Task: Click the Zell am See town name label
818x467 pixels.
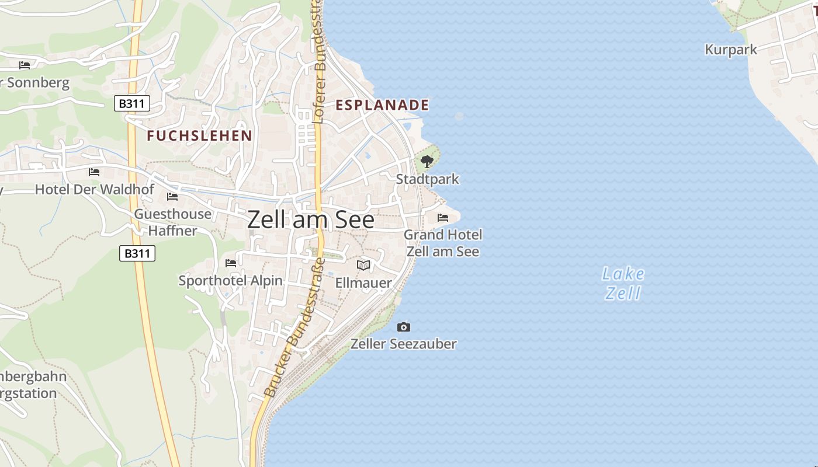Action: [x=310, y=219]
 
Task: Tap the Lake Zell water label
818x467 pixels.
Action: [x=623, y=283]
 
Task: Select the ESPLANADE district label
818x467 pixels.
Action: [x=382, y=105]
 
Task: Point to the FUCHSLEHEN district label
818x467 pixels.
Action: [x=199, y=136]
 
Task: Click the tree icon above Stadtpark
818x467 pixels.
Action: [x=427, y=162]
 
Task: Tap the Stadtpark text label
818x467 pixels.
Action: [x=427, y=179]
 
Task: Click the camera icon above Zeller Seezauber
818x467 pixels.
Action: [x=403, y=327]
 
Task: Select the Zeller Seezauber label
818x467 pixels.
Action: [x=403, y=344]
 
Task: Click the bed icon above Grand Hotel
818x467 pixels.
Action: [x=443, y=218]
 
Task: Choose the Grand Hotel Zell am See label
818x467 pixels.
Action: [x=443, y=243]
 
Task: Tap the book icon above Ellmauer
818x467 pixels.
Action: [x=363, y=266]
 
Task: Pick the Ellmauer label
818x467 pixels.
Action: [x=363, y=283]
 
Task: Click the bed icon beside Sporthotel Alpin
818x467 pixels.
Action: [x=231, y=263]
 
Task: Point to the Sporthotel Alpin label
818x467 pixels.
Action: [x=230, y=281]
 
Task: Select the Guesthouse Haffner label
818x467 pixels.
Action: [x=173, y=222]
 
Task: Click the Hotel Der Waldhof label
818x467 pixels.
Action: [x=94, y=189]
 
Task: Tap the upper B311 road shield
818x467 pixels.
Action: [x=132, y=104]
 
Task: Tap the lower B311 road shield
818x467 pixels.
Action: [x=137, y=253]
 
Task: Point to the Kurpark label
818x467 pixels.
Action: [x=731, y=50]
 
